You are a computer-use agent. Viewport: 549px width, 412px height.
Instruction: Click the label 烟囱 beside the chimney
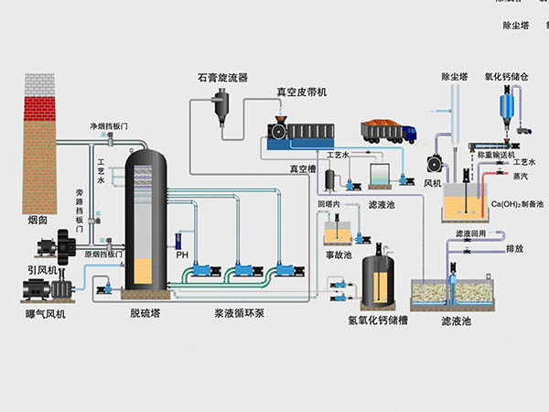[38, 219]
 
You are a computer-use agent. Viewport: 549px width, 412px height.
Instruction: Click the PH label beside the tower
[181, 255]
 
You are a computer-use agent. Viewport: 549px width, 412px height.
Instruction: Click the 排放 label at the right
[514, 247]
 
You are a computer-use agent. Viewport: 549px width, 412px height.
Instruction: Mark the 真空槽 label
[302, 169]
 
